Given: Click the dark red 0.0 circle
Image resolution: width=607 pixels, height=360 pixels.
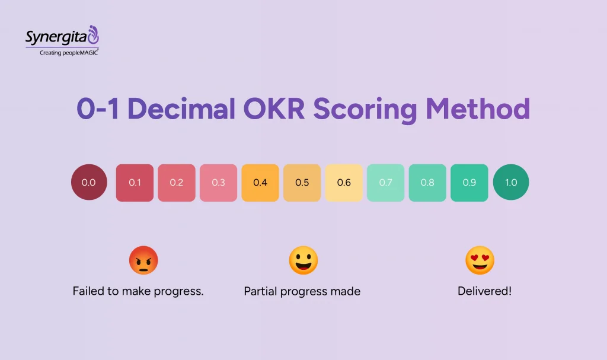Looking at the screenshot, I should (x=89, y=183).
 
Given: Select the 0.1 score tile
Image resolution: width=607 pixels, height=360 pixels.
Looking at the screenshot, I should (x=135, y=183).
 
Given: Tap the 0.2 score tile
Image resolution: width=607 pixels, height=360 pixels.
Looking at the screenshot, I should (x=177, y=183).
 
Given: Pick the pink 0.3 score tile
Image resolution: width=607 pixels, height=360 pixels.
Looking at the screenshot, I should (x=218, y=183).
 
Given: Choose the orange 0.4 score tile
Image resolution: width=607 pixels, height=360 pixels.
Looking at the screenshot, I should (x=260, y=183).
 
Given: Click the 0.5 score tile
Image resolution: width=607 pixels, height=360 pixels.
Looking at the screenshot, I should (x=302, y=183).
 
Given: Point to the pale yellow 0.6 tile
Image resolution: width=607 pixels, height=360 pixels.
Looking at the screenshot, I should (x=344, y=183).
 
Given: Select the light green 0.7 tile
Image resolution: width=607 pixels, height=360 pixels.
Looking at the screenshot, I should (x=386, y=183).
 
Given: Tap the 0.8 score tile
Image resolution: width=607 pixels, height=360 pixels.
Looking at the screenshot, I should (x=427, y=183).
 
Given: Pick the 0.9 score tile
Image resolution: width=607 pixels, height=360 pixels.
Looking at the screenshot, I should (x=469, y=183).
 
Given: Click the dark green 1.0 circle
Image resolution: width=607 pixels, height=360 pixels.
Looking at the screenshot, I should (x=511, y=183).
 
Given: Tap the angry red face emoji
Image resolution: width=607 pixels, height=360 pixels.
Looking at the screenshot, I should (x=143, y=261).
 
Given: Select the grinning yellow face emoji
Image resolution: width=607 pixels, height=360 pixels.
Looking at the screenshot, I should (x=303, y=261).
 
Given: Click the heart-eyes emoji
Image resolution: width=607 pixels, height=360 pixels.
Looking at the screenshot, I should (x=480, y=261).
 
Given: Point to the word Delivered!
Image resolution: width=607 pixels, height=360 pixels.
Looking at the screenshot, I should (x=484, y=291).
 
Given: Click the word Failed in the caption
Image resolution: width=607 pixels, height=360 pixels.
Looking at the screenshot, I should (x=88, y=291).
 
